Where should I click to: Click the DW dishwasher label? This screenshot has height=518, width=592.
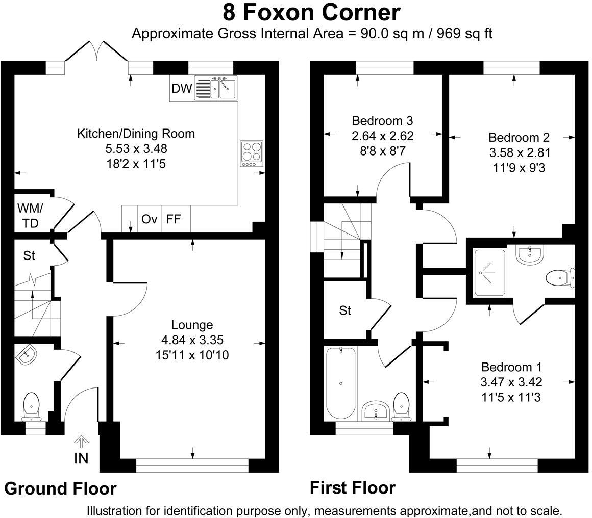click(182, 89)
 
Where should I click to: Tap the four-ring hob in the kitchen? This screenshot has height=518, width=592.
click(252, 153)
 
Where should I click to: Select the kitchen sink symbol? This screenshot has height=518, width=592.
click(215, 88)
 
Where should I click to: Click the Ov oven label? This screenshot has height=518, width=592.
click(149, 219)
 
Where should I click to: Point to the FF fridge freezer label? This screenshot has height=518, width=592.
click(174, 219)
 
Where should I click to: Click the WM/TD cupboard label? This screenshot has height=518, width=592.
click(30, 216)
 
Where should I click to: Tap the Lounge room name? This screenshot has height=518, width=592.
click(192, 325)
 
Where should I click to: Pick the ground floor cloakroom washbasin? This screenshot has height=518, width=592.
click(26, 355)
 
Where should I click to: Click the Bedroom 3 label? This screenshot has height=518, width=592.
click(382, 121)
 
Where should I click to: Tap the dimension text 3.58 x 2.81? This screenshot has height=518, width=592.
click(520, 152)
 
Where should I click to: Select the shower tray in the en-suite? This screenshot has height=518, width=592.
click(490, 273)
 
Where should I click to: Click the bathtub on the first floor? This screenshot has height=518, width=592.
click(340, 383)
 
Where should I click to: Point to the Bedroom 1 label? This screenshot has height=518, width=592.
click(511, 367)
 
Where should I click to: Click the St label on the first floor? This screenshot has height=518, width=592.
click(345, 310)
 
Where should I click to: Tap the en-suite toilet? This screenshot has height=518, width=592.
click(560, 278)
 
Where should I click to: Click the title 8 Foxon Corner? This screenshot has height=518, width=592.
click(311, 12)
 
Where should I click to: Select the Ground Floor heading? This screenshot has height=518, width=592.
click(60, 488)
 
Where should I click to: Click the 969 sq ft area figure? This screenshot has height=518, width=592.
click(464, 34)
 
